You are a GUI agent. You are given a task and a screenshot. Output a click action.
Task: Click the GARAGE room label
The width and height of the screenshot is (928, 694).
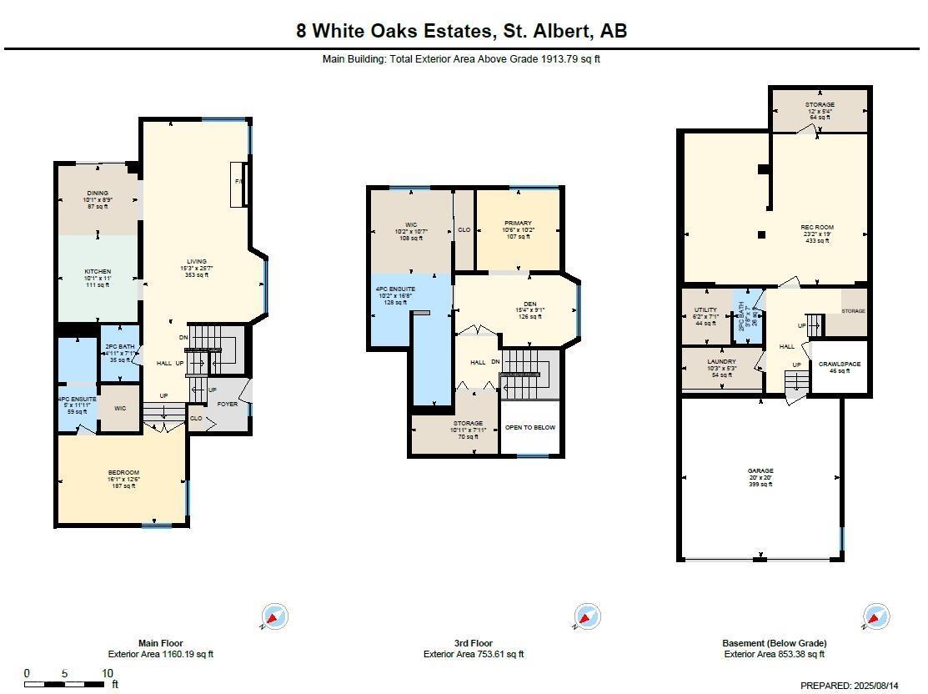pos(760,471)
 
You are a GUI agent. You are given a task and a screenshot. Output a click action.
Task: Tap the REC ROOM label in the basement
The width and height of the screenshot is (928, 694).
pos(817,227)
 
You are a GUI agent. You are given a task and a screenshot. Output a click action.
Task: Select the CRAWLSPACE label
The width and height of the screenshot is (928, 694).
pos(839,365)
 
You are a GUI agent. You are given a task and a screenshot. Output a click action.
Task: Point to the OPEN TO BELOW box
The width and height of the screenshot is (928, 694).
pos(529,427)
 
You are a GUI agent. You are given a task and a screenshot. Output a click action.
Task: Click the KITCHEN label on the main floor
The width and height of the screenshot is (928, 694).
pos(98,272)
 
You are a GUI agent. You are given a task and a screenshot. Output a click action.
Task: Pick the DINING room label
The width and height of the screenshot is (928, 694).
pos(98,194)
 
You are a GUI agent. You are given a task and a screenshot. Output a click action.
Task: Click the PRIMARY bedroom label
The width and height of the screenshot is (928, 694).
pos(518,224)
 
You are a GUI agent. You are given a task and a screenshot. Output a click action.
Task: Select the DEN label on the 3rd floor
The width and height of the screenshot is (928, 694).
pos(529,304)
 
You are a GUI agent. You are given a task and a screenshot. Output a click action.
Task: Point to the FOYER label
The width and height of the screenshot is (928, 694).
pos(228,405)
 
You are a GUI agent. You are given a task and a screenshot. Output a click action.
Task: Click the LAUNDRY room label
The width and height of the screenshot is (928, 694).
pos(721,362)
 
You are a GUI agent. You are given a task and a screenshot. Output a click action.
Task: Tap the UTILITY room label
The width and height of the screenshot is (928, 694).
pos(705,310)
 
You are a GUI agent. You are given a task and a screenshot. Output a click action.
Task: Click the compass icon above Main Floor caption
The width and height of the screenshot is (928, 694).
pos(274,617)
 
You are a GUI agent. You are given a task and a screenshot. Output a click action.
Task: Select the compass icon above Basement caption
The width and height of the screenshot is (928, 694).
pos(875,617)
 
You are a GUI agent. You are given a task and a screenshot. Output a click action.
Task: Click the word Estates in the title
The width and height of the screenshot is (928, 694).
pos(454,32)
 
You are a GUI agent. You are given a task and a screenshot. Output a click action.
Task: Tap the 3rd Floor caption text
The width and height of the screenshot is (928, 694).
pos(473,643)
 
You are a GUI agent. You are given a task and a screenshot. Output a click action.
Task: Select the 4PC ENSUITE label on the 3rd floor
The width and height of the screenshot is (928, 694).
pos(396,289)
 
